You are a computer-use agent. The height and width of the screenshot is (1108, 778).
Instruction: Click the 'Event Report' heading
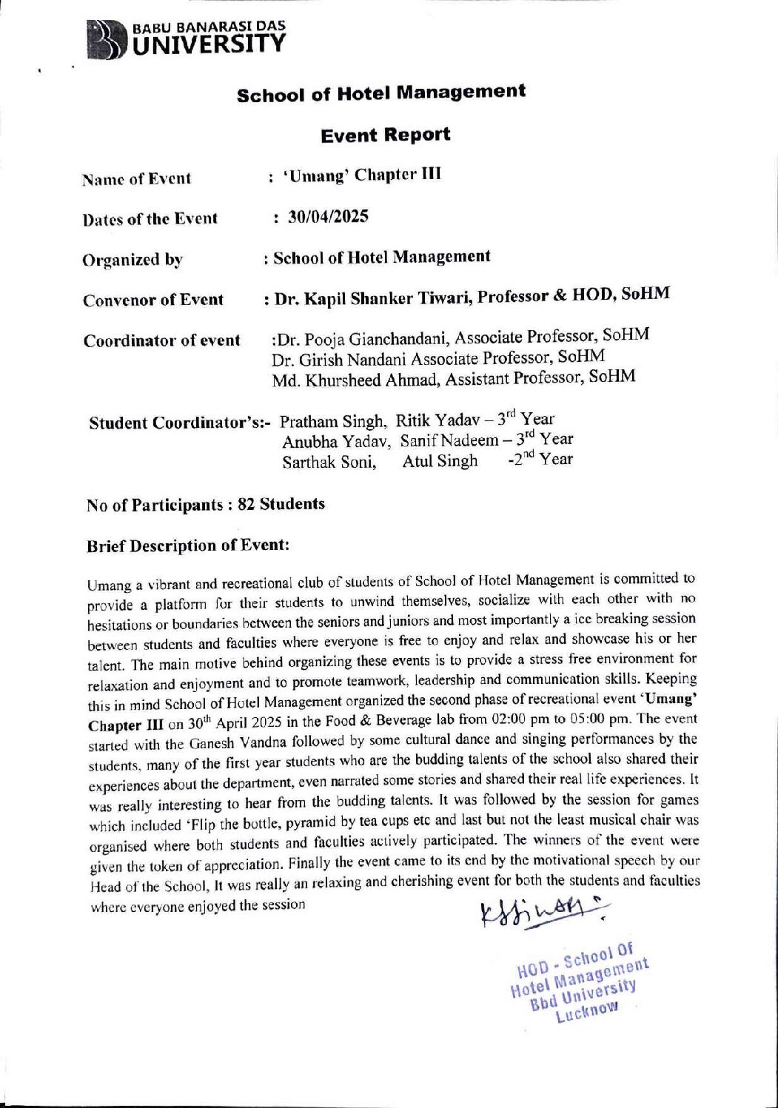pyautogui.click(x=385, y=135)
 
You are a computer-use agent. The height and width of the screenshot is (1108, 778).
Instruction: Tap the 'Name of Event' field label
pyautogui.click(x=137, y=178)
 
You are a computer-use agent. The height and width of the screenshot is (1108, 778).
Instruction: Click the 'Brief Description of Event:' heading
pyautogui.click(x=187, y=545)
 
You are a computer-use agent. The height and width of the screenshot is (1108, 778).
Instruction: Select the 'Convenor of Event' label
pyautogui.click(x=153, y=300)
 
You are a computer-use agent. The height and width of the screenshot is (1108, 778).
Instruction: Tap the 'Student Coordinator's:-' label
pyautogui.click(x=181, y=423)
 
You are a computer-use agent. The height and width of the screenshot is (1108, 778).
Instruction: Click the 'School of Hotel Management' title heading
pyautogui.click(x=381, y=93)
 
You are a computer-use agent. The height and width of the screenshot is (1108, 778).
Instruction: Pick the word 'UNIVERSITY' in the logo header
pyautogui.click(x=208, y=46)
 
